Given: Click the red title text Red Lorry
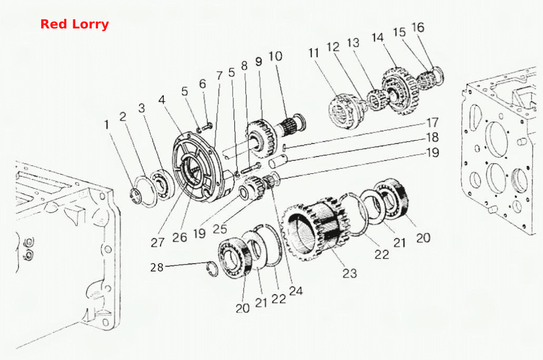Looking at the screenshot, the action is [x=74, y=24].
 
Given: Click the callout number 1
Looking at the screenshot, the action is [x=107, y=124].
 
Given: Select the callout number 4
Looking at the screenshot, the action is [x=162, y=100].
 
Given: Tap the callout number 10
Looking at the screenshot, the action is [x=275, y=56].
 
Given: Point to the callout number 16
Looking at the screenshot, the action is [x=418, y=27].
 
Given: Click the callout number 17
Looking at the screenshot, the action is [x=432, y=123].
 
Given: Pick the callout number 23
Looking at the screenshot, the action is [x=350, y=273].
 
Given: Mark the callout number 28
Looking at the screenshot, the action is [x=157, y=267].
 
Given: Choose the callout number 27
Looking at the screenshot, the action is [x=157, y=242].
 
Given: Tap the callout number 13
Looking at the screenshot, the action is [x=353, y=43].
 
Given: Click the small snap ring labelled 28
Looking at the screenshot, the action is [x=212, y=268].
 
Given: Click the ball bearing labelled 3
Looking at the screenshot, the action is [x=162, y=184].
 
